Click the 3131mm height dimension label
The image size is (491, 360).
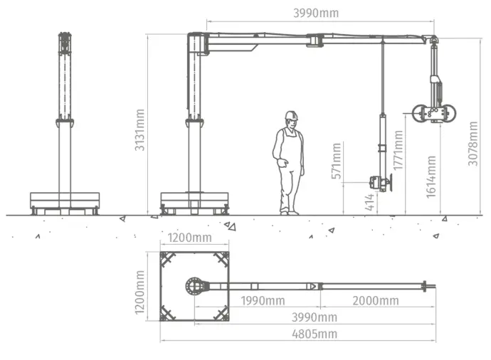point(139,130)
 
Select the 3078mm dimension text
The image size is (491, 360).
point(472,144)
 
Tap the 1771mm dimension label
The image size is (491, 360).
point(398,150)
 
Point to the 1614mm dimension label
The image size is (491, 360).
point(431,177)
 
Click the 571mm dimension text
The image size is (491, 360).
point(337,161)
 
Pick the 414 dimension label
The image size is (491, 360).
point(370,202)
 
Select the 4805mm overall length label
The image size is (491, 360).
point(315,334)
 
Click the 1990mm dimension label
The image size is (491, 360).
point(263,301)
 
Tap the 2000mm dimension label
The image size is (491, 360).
point(376,301)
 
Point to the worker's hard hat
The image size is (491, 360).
point(291,115)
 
